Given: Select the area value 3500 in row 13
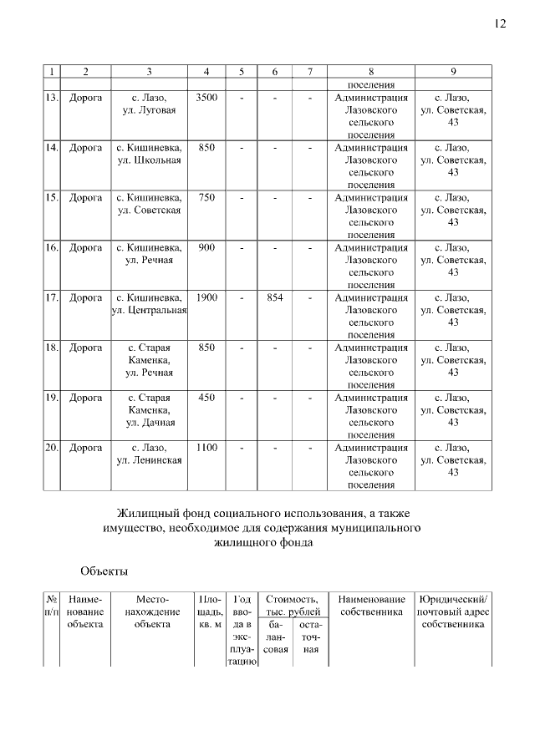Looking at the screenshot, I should pos(206,99).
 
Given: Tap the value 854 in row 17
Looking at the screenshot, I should pos(274,297).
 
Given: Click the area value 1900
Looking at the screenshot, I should pos(206,297).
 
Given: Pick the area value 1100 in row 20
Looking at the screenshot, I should pos(206,448).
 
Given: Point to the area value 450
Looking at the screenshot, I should pos(206,398).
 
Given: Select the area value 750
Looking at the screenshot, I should pos(206,198).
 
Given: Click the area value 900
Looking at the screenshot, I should pos(206,248).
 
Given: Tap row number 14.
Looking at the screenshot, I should pos(51,148).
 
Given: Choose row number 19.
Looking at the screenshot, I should pos(51,398).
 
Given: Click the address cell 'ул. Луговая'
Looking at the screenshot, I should pos(150,110).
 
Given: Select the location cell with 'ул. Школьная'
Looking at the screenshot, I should pos(150,160).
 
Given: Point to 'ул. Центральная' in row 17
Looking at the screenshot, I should pos(150,311).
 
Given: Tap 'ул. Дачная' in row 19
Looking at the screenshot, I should pos(150,423).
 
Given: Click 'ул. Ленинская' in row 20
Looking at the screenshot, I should pos(150,460).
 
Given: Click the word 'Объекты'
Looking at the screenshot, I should pos(104,571).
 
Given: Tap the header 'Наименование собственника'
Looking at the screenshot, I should pos(371,606).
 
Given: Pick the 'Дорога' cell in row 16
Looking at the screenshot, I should pos(85,248).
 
